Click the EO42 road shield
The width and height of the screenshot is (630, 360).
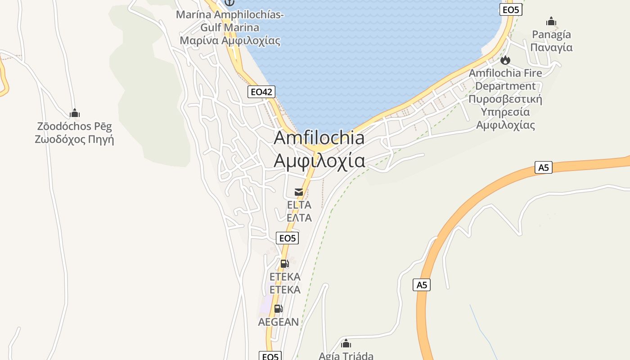tap(261, 92)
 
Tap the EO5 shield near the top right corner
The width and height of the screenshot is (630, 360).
tap(511, 9)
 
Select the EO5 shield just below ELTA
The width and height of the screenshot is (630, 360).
tap(287, 238)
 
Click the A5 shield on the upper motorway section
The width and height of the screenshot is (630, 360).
tap(544, 167)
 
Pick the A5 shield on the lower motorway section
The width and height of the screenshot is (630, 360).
tap(421, 285)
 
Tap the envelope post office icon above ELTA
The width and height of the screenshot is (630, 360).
tap(299, 192)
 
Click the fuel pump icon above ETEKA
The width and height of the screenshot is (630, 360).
tap(284, 264)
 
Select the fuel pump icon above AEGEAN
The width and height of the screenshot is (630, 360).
tap(278, 309)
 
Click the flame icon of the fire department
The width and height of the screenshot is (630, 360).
tap(505, 60)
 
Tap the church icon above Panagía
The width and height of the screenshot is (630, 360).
tap(551, 21)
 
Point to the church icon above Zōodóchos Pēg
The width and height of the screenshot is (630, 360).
tap(75, 113)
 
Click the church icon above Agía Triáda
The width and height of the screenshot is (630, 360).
tap(346, 344)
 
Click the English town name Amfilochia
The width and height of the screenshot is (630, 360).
tap(319, 138)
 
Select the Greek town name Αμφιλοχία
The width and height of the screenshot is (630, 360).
tap(319, 160)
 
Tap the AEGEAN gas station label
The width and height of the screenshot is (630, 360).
tap(278, 322)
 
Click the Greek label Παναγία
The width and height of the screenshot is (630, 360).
tap(551, 47)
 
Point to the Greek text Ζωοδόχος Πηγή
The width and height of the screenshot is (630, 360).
tap(75, 139)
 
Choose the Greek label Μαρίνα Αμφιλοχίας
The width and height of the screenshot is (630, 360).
tap(230, 40)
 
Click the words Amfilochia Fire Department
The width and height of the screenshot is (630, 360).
tap(505, 79)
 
